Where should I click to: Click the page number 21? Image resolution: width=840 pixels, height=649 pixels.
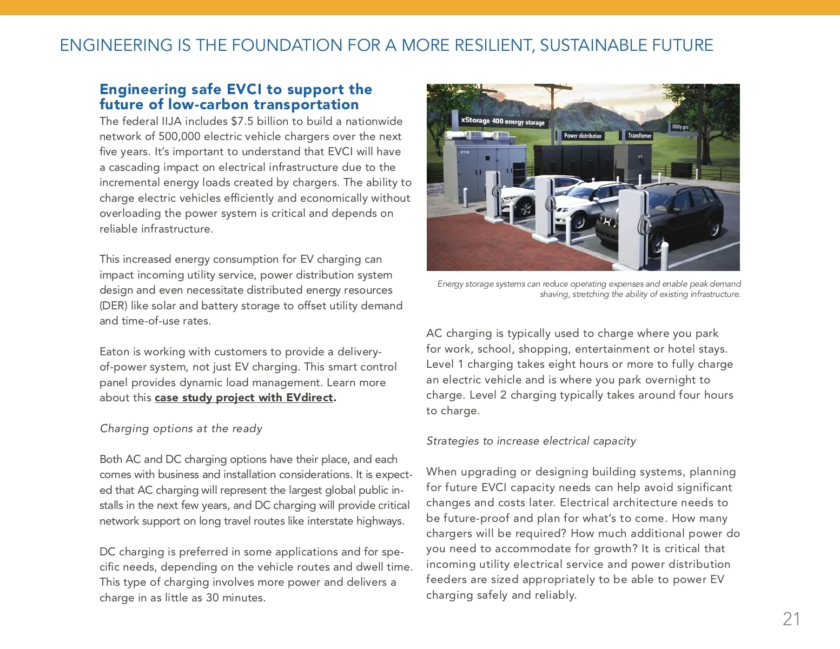click(791, 619)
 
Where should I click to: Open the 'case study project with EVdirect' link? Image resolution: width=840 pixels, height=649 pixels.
click(244, 398)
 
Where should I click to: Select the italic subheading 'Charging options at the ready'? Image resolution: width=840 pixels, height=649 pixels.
click(181, 428)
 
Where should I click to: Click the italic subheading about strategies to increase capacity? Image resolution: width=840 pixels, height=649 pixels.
click(531, 441)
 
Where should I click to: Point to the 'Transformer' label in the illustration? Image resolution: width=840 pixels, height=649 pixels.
click(639, 136)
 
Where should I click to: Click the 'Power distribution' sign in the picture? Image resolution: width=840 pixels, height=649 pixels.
click(583, 136)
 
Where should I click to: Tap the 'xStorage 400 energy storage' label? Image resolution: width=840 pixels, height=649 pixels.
click(502, 121)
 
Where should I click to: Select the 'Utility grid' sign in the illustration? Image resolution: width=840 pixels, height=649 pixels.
click(680, 127)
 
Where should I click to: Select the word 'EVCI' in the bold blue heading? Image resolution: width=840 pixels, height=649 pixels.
click(244, 89)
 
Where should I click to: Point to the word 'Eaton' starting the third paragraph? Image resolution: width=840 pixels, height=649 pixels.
click(114, 352)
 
